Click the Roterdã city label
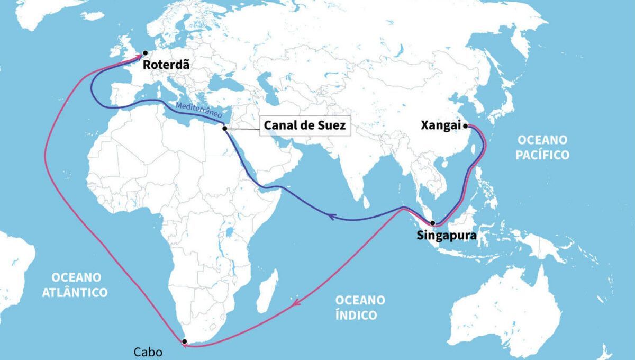pyautogui.click(x=166, y=66)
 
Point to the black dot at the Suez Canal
pyautogui.click(x=225, y=128)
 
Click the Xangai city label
pyautogui.click(x=441, y=126)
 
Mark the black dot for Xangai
pyautogui.click(x=465, y=126)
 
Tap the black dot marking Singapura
pyautogui.click(x=432, y=223)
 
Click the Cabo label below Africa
pyautogui.click(x=148, y=352)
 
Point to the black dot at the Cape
pyautogui.click(x=184, y=342)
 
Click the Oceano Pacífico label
pyautogui.click(x=542, y=147)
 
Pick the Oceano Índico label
pyautogui.click(x=360, y=307)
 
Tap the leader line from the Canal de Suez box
pyautogui.click(x=243, y=128)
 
